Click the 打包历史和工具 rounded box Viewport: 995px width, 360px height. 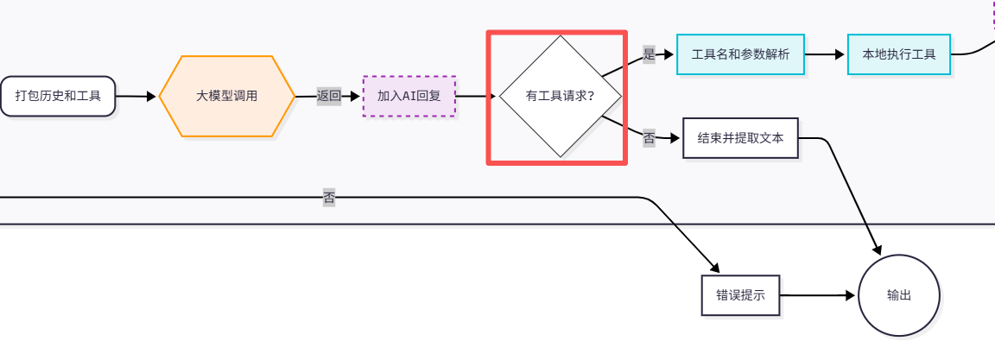click(x=58, y=96)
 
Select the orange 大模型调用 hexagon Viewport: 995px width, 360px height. click(x=227, y=96)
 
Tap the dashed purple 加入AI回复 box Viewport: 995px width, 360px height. click(x=409, y=96)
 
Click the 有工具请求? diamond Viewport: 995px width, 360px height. click(x=560, y=96)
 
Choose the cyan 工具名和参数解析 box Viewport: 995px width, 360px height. click(x=740, y=54)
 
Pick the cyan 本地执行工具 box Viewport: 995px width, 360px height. click(x=898, y=54)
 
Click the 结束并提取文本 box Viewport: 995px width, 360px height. click(x=740, y=138)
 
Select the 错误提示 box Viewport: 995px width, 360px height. click(x=740, y=294)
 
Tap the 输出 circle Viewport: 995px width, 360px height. click(x=898, y=294)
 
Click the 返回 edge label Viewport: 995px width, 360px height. click(x=329, y=96)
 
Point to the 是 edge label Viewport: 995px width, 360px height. click(x=650, y=54)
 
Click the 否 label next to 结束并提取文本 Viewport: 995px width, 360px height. click(x=649, y=136)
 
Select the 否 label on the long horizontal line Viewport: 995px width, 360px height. click(x=329, y=198)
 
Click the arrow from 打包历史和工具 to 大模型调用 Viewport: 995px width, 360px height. click(x=136, y=96)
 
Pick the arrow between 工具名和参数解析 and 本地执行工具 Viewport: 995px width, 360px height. click(x=826, y=54)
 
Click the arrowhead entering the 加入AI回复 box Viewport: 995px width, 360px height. click(x=356, y=96)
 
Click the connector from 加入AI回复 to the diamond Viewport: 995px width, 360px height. click(x=476, y=96)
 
